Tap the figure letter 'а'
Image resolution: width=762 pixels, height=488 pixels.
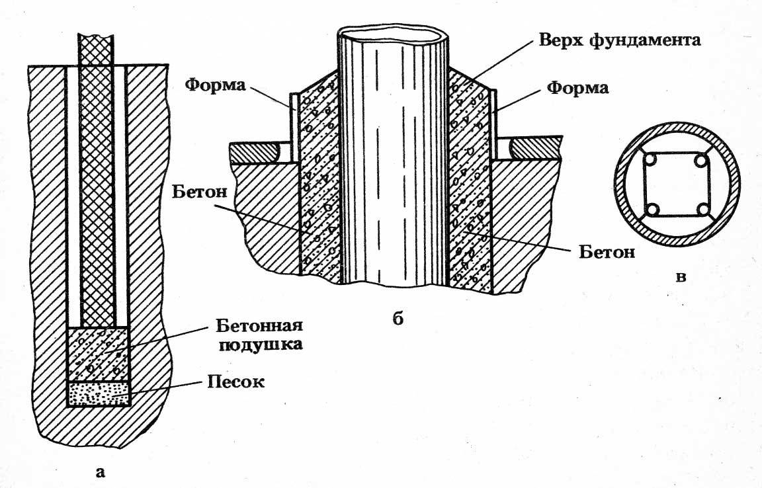(x=100, y=471)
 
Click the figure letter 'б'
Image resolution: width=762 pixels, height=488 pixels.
(x=398, y=319)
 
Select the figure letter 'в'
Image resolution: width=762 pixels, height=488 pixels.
(x=679, y=276)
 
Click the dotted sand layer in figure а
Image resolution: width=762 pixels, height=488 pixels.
(x=99, y=393)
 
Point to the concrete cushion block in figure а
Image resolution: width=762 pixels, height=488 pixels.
(x=99, y=354)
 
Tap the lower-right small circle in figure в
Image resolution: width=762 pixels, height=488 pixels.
(x=702, y=210)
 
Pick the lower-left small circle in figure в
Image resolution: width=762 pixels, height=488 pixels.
(x=653, y=210)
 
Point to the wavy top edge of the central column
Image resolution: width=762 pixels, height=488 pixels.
(x=393, y=34)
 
